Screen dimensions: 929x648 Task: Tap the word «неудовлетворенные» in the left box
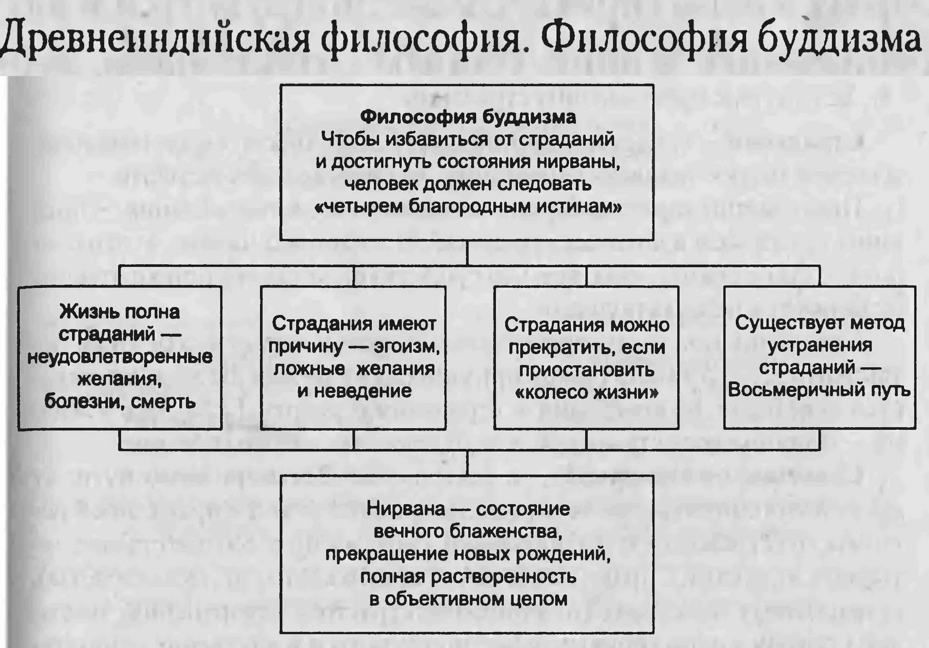click(x=120, y=357)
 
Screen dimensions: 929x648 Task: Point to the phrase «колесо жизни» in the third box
click(x=586, y=393)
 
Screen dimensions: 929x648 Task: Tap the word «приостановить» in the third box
click(x=586, y=370)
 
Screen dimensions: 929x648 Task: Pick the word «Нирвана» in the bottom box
click(x=405, y=509)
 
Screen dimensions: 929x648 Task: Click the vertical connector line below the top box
click(x=467, y=253)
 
